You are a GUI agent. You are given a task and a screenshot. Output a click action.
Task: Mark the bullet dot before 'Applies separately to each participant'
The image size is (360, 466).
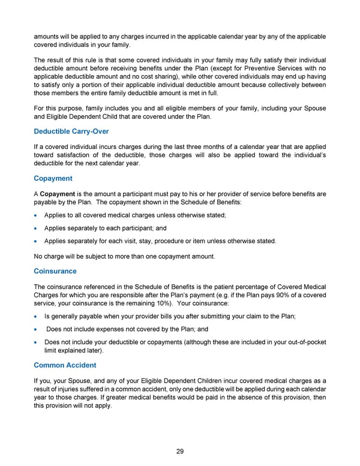coord(38,228)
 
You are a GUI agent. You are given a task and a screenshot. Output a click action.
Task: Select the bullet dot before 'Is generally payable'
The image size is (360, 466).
coord(38,316)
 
